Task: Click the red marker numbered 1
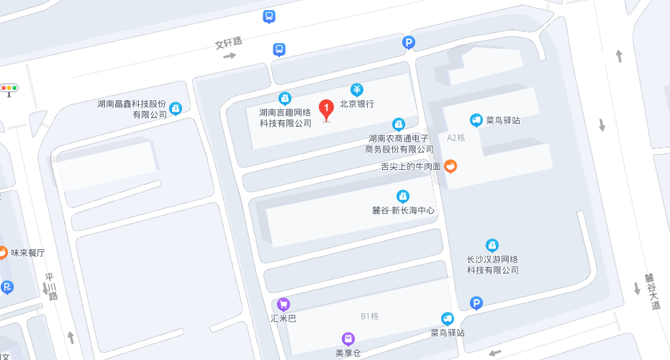pos(326,109)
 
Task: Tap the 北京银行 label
pos(357,104)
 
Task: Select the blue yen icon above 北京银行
pos(357,89)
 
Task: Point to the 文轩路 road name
pos(228,43)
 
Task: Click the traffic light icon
pos(9,89)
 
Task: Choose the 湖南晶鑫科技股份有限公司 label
pos(132,109)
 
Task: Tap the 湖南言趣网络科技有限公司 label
pos(285,117)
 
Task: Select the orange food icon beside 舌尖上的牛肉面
pos(451,166)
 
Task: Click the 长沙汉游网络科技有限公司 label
pos(492,264)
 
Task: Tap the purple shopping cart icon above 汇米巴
pos(283,304)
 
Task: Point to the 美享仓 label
pos(348,353)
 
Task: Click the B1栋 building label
pos(369,316)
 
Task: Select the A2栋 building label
pos(456,137)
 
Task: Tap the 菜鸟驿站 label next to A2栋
pos(502,120)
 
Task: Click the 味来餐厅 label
pos(27,253)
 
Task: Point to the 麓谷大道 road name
pos(651,292)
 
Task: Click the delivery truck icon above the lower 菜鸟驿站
pos(448,318)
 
